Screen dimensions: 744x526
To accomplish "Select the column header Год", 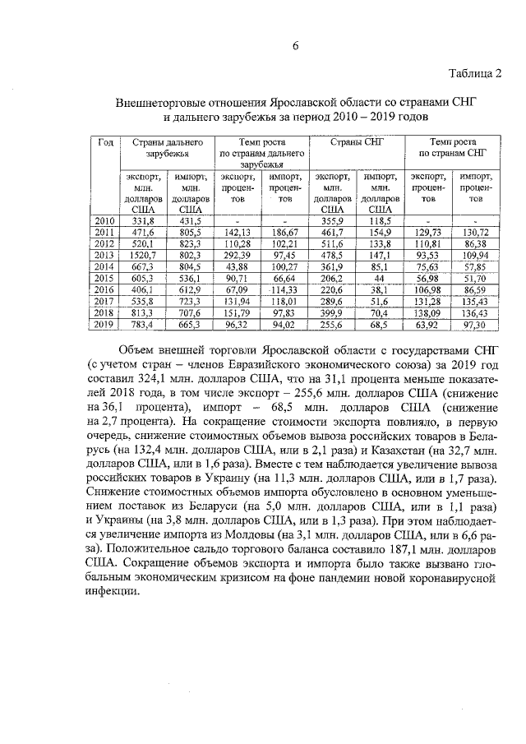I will pos(105,143).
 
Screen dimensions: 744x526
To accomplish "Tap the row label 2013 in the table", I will pos(105,256).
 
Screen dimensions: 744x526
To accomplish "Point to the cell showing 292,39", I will pos(237,256).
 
